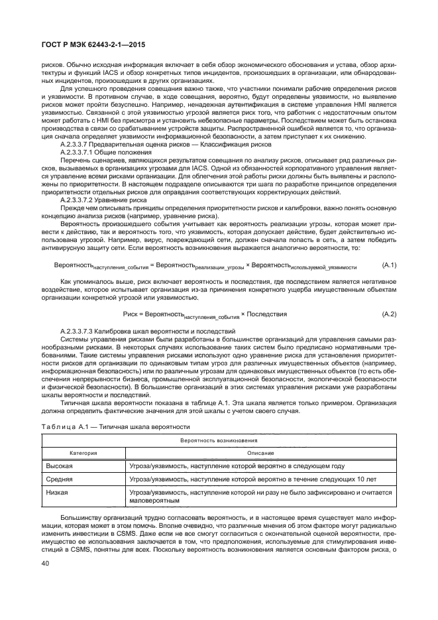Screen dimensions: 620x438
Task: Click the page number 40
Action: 46,564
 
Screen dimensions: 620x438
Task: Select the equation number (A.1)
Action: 389,265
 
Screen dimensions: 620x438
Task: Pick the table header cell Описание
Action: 260,453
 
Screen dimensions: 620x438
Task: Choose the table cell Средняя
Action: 59,478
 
